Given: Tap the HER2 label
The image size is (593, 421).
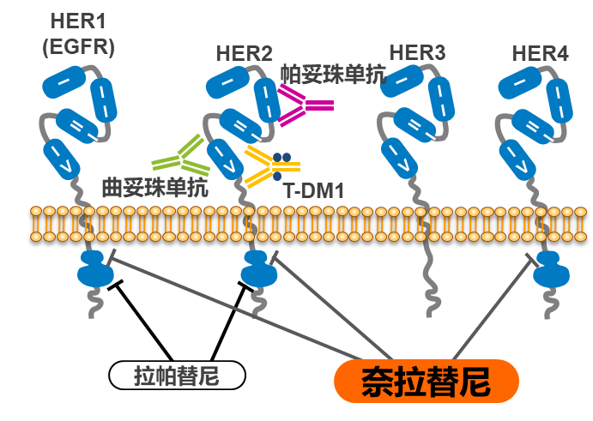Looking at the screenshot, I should (x=245, y=53).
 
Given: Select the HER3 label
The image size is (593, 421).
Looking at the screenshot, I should (x=417, y=53).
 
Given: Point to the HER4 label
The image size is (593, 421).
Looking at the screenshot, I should (x=540, y=53).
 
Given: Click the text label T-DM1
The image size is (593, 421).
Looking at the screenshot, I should (x=313, y=190).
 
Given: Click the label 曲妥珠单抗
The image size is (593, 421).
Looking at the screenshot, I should (x=154, y=187).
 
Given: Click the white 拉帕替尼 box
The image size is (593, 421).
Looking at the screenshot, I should (x=177, y=376).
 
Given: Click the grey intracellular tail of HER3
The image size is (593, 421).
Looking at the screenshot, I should (x=427, y=274).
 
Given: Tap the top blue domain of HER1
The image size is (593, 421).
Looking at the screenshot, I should (x=62, y=83).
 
